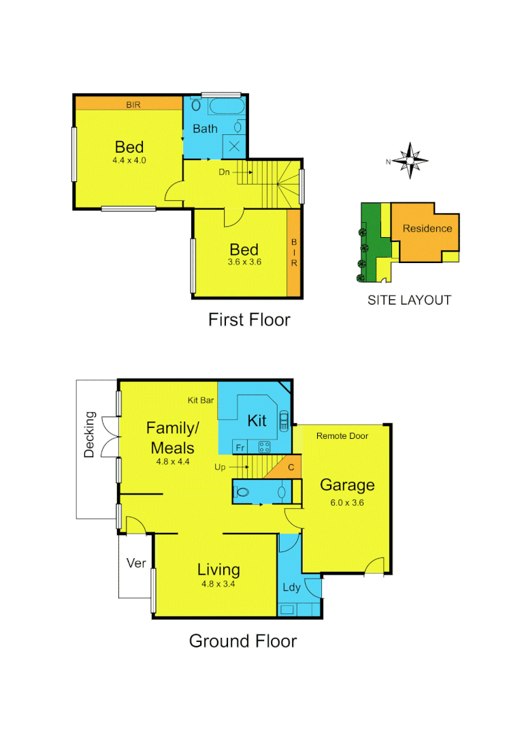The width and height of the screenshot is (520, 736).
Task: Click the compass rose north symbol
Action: (x=410, y=162)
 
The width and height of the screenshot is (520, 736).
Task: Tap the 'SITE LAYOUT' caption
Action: (x=409, y=300)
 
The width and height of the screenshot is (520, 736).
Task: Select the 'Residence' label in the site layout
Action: (x=427, y=228)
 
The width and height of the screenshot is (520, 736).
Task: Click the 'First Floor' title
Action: (x=249, y=320)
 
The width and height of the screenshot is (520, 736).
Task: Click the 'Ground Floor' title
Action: (x=242, y=641)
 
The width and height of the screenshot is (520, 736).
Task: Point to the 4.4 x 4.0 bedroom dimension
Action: (x=129, y=161)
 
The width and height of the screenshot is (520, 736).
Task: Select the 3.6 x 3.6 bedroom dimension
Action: (x=245, y=262)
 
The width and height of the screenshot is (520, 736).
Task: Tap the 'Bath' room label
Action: (x=205, y=128)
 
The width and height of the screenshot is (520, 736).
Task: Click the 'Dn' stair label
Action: (x=224, y=172)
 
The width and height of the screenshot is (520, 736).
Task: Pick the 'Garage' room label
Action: (x=347, y=485)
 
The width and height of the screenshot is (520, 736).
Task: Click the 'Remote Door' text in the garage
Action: (x=342, y=436)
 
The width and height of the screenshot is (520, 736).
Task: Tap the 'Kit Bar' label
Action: (x=201, y=400)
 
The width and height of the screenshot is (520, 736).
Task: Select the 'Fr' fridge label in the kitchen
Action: (x=240, y=448)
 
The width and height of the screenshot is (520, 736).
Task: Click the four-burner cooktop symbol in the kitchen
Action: (x=264, y=447)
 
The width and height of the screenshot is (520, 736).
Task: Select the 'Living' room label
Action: (x=218, y=570)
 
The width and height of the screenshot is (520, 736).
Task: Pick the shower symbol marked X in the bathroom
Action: (x=234, y=145)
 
